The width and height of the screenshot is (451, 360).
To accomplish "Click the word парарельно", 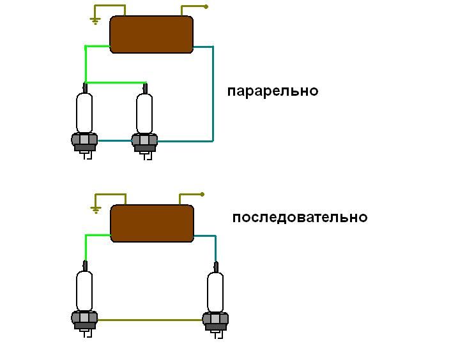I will [272, 91].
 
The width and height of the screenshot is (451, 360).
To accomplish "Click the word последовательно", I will [300, 217].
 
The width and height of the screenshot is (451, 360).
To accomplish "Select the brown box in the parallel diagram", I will [151, 34].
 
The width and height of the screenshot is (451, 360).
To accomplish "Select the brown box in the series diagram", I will [152, 223].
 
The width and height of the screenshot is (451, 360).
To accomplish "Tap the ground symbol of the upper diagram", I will [95, 21].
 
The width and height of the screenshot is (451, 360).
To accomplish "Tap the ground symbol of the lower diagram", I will [96, 209].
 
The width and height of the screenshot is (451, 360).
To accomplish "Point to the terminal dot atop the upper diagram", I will [206, 7].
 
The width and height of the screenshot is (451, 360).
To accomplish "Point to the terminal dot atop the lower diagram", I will [202, 194].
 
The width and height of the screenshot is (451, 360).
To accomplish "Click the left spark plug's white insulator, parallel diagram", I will [84, 112].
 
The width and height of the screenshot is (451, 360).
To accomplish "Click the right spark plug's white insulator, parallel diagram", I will [145, 112].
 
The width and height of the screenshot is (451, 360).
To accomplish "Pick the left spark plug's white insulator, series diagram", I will [84, 290].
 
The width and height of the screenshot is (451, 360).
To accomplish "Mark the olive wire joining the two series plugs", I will [150, 320].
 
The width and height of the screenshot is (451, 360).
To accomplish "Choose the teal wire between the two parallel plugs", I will [114, 140].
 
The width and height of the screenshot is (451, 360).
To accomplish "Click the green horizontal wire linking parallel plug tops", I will [115, 82].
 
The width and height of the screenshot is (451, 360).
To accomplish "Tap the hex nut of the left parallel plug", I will [84, 140].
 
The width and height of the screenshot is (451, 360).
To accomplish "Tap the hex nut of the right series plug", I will [215, 318].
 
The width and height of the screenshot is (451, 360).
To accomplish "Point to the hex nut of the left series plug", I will [84, 318].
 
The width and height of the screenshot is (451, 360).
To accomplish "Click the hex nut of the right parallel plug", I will [145, 140].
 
